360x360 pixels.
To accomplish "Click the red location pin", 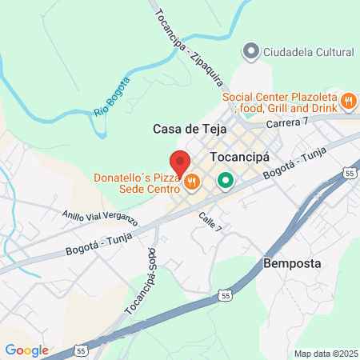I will (x=179, y=163).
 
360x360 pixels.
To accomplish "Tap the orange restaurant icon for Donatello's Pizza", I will (x=191, y=183).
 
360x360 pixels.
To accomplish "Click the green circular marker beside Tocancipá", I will (x=226, y=180).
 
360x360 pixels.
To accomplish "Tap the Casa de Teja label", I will (x=184, y=129).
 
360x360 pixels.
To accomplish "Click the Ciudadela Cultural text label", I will (x=308, y=52).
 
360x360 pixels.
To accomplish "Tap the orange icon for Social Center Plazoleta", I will (x=348, y=102).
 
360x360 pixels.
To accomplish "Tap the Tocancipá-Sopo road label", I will (x=142, y=279).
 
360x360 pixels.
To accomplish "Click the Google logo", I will (x=26, y=350).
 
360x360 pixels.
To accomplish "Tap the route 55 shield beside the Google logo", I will (x=82, y=350).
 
